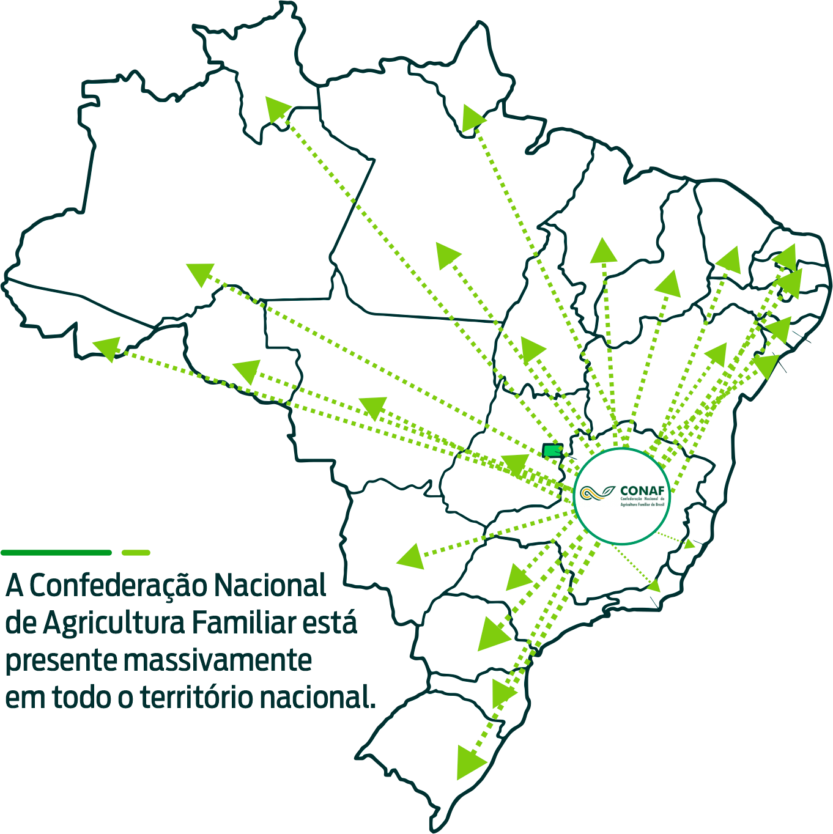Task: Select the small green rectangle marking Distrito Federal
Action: click(x=552, y=451)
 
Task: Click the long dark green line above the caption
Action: click(x=57, y=553)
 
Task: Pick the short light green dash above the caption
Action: click(x=136, y=553)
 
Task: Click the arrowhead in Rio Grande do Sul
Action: click(x=470, y=761)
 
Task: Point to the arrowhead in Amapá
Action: click(x=472, y=117)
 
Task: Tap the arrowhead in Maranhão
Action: click(x=603, y=251)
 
